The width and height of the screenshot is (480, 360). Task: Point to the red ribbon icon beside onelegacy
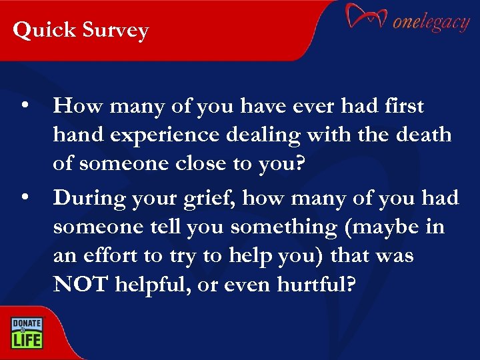366,17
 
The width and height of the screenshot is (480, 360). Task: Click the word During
92,198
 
